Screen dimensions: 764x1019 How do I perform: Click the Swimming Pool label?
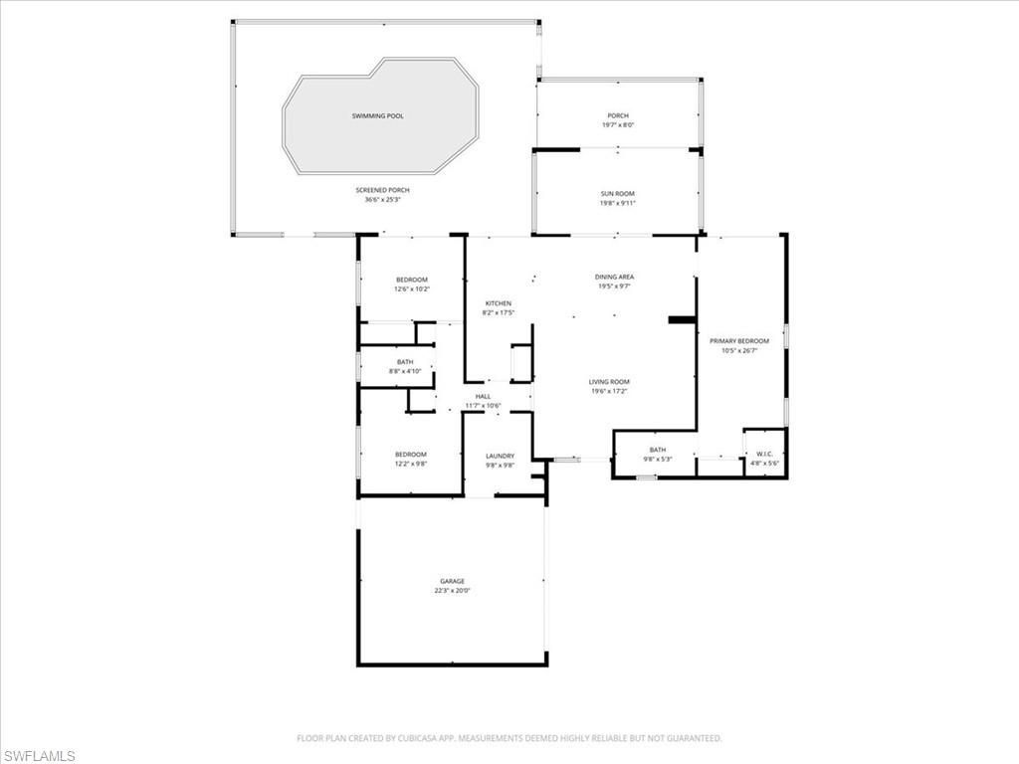point(377,116)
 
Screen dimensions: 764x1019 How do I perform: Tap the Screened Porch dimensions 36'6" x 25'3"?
point(382,200)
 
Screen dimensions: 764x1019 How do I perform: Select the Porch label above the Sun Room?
point(618,116)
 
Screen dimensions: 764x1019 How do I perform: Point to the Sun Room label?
point(617,194)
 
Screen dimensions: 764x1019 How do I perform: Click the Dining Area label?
point(614,277)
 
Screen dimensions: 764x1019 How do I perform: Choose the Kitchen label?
point(499,303)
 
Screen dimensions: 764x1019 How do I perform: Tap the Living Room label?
point(609,382)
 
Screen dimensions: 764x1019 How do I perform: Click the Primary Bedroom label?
point(738,341)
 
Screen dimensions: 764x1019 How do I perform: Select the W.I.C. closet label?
point(764,455)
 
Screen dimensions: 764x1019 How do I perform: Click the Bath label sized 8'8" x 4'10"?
point(405,362)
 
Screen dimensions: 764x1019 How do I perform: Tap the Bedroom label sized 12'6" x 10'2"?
point(411,280)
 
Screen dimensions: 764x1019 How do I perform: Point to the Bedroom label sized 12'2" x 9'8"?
point(411,455)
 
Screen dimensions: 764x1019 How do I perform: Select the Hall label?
point(483,396)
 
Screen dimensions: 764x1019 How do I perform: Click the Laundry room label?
point(500,456)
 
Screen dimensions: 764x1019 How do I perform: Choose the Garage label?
point(453,581)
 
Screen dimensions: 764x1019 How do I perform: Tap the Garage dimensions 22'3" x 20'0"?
point(452,591)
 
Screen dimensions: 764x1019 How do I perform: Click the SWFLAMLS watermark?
point(38,756)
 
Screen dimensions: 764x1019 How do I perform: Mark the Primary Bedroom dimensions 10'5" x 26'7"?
point(738,350)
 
